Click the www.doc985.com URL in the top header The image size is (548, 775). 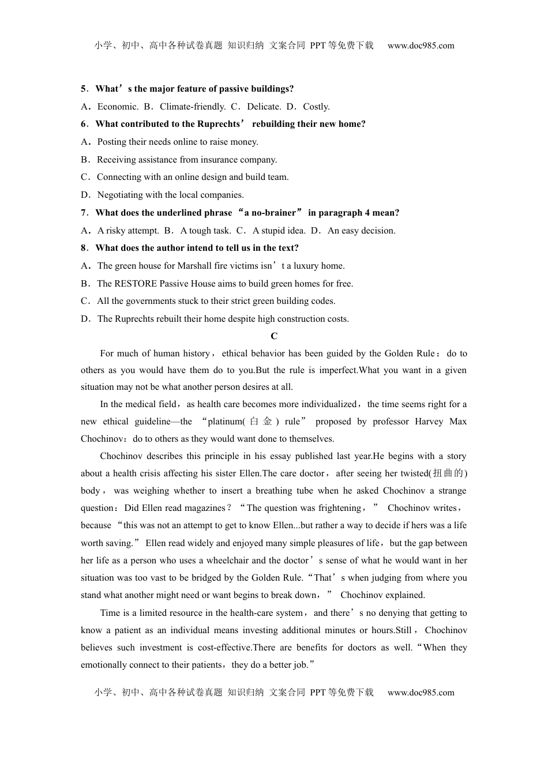(421, 46)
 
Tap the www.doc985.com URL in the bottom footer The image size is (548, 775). (421, 693)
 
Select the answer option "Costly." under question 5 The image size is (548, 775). (316, 107)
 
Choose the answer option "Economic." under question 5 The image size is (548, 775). (118, 107)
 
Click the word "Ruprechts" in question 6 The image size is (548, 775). (219, 124)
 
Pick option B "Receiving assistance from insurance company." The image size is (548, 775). (187, 160)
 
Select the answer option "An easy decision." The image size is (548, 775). (362, 231)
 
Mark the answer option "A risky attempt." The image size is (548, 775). (128, 231)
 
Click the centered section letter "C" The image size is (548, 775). (274, 336)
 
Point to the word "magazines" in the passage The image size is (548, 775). (206, 508)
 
